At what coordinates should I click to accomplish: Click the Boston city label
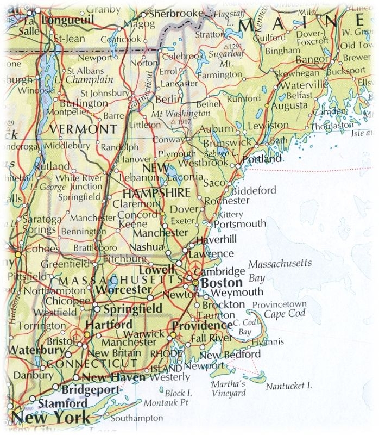pos(221,283)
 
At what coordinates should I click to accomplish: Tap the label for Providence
pos(201,325)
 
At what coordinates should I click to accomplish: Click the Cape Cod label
pos(285,314)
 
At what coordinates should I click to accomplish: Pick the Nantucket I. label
pos(289,386)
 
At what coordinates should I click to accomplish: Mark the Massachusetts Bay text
pos(280,270)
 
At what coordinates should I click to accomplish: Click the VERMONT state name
pos(83,129)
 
